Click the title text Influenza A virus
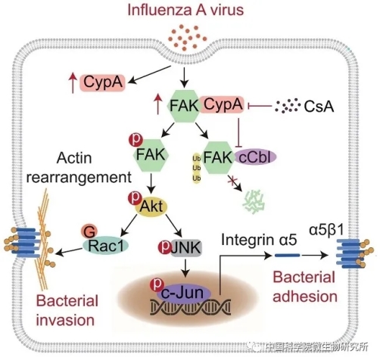coord(185,10)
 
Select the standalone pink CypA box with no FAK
coord(102,82)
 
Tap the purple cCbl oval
coord(256,157)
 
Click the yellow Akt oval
coord(151,207)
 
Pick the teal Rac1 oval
coord(106,245)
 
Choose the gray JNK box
coord(186,248)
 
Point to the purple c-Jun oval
coord(184,293)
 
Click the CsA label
coord(319,107)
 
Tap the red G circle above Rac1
coord(89,231)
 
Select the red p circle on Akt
coord(135,198)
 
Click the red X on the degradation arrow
coord(231,181)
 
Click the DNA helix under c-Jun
coord(191,306)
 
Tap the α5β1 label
coord(326,231)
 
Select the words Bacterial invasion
coord(67,311)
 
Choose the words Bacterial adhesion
coord(305,287)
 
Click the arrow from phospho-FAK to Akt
coord(151,182)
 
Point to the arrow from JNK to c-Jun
coord(185,267)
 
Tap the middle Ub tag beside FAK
coord(197,168)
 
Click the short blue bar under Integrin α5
coord(288,256)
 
